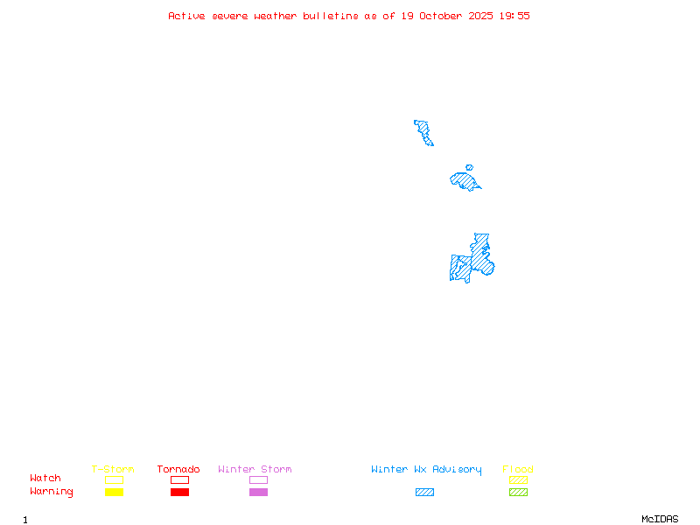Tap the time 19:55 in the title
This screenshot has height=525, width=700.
[514, 16]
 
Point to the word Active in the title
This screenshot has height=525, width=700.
[187, 16]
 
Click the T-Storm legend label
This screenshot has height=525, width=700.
[113, 470]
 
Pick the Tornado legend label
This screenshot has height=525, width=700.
[178, 470]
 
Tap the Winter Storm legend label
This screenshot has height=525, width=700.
[255, 470]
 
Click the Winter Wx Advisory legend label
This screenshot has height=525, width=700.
[426, 470]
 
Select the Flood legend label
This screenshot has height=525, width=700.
[517, 470]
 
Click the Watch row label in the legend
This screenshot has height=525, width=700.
[45, 479]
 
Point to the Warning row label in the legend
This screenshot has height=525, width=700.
[52, 492]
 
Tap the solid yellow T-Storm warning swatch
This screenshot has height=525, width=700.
[114, 493]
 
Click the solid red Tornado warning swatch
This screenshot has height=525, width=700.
[179, 493]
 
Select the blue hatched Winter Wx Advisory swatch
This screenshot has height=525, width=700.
[424, 493]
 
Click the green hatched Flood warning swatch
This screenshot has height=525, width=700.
[518, 493]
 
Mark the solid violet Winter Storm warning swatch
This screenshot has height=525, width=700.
[258, 493]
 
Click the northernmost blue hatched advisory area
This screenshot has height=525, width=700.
[424, 132]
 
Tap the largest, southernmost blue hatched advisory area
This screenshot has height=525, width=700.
[472, 262]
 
